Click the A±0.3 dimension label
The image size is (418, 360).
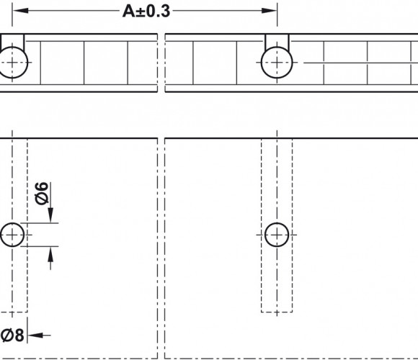[146, 12]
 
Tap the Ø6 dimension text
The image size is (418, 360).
[42, 194]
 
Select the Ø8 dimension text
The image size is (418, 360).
[12, 336]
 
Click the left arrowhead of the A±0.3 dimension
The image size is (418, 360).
[20, 11]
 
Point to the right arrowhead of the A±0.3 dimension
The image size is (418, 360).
[269, 11]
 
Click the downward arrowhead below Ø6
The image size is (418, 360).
[50, 215]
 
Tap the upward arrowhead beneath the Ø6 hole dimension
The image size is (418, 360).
[50, 254]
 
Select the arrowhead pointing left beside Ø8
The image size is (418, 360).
[35, 336]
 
